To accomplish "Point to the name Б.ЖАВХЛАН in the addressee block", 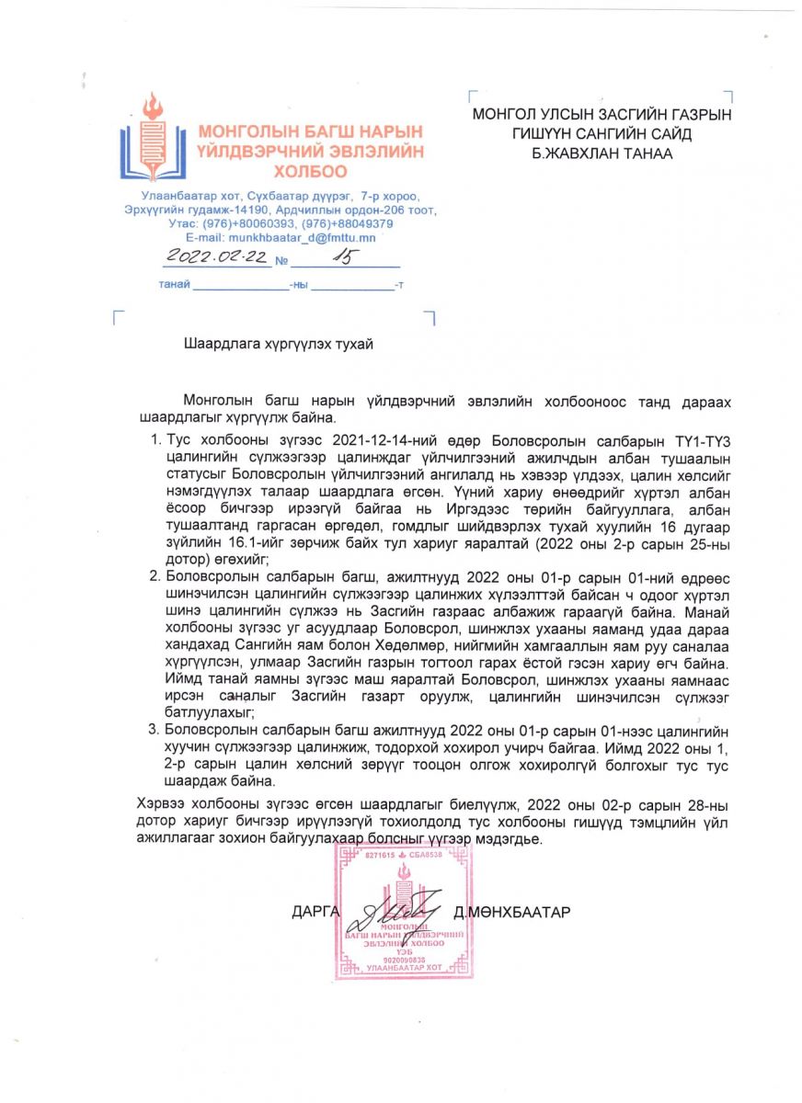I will coord(554,154).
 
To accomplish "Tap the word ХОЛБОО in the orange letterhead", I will coord(311,171).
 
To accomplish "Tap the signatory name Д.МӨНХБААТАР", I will coord(512,912).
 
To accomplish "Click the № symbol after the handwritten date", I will coord(281,261).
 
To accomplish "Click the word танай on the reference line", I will coord(174,285).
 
